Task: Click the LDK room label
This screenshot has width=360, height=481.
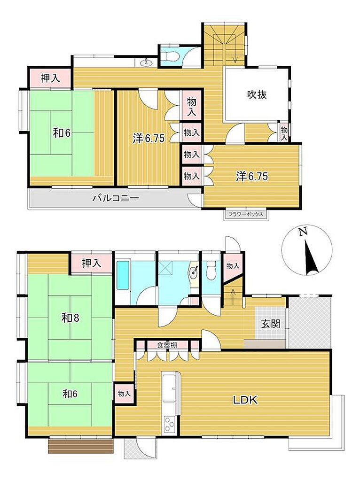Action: (x=245, y=400)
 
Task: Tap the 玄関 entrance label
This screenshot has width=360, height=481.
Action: (x=271, y=324)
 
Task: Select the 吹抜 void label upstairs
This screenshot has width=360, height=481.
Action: (x=257, y=95)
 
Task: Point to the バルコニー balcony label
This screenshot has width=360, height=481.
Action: (x=116, y=198)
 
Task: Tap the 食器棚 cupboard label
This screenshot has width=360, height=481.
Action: (x=167, y=345)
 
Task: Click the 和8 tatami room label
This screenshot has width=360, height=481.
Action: (x=70, y=318)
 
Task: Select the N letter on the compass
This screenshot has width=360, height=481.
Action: (x=303, y=232)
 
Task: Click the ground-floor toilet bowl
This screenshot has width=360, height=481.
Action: (x=211, y=270)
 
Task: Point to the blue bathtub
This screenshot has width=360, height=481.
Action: (x=124, y=275)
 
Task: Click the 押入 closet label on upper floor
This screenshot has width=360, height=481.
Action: (x=50, y=79)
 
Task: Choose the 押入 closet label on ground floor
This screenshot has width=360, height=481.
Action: (x=92, y=263)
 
